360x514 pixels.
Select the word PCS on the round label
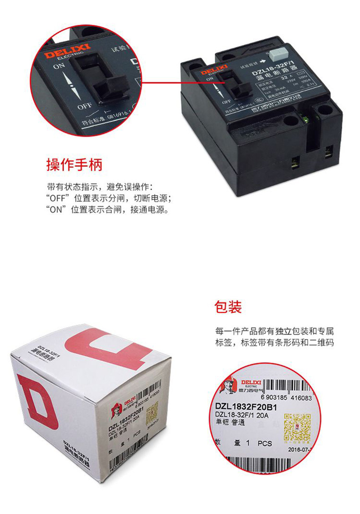pyautogui.click(x=264, y=443)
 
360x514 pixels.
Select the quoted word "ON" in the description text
pyautogui.click(x=55, y=211)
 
